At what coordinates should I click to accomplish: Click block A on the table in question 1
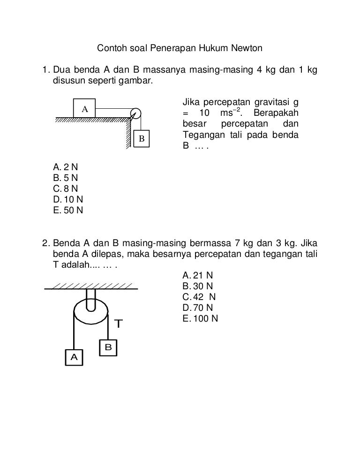[84, 108]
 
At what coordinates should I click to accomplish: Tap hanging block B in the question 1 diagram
[142, 138]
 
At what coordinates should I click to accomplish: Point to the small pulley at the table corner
[135, 114]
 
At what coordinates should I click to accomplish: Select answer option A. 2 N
[66, 167]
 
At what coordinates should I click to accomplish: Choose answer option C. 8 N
[66, 188]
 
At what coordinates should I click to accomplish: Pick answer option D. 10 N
[68, 199]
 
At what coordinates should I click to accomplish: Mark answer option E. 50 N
[68, 210]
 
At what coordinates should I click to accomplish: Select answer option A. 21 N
[198, 275]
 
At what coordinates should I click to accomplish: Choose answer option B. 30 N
[198, 286]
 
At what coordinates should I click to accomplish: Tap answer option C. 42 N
[199, 297]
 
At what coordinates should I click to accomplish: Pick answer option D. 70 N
[198, 308]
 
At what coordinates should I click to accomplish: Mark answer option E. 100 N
[200, 318]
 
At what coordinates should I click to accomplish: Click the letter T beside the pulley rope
[119, 323]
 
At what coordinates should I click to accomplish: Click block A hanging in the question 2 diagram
[74, 357]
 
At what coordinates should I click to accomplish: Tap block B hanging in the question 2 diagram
[108, 347]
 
